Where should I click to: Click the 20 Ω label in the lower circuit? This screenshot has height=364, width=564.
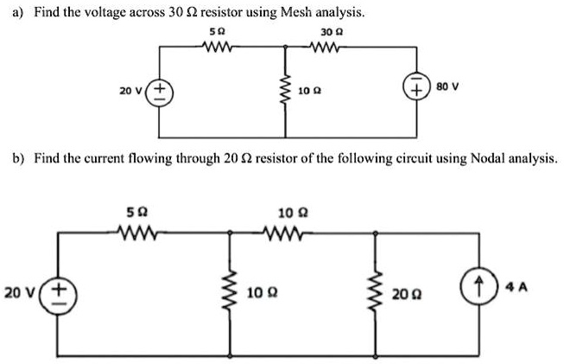[403, 294]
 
